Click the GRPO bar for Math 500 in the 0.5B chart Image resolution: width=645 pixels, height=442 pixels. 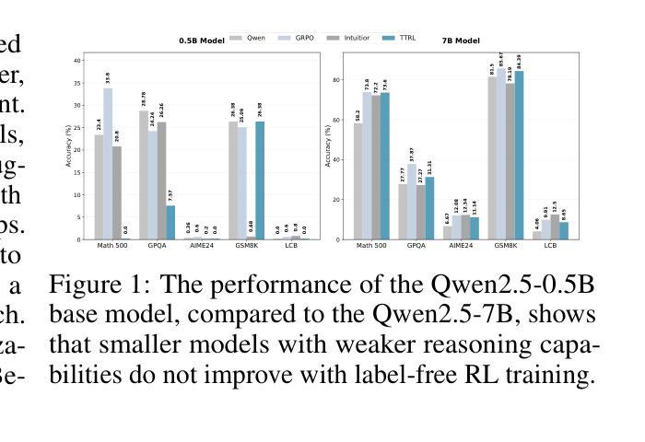pos(108,164)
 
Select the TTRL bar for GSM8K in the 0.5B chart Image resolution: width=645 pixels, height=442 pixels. pos(259,180)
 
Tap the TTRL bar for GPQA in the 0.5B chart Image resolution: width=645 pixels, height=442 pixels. pos(170,222)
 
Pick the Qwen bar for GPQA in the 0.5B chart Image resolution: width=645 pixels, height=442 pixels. pos(144,175)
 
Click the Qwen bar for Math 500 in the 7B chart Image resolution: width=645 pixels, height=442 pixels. pos(358,181)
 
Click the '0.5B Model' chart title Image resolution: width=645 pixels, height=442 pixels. pos(200,41)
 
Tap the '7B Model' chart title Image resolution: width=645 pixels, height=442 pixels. pos(462,41)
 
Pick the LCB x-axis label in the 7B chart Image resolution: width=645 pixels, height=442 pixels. pos(550,246)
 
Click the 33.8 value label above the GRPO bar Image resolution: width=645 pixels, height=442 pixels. pos(108,76)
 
